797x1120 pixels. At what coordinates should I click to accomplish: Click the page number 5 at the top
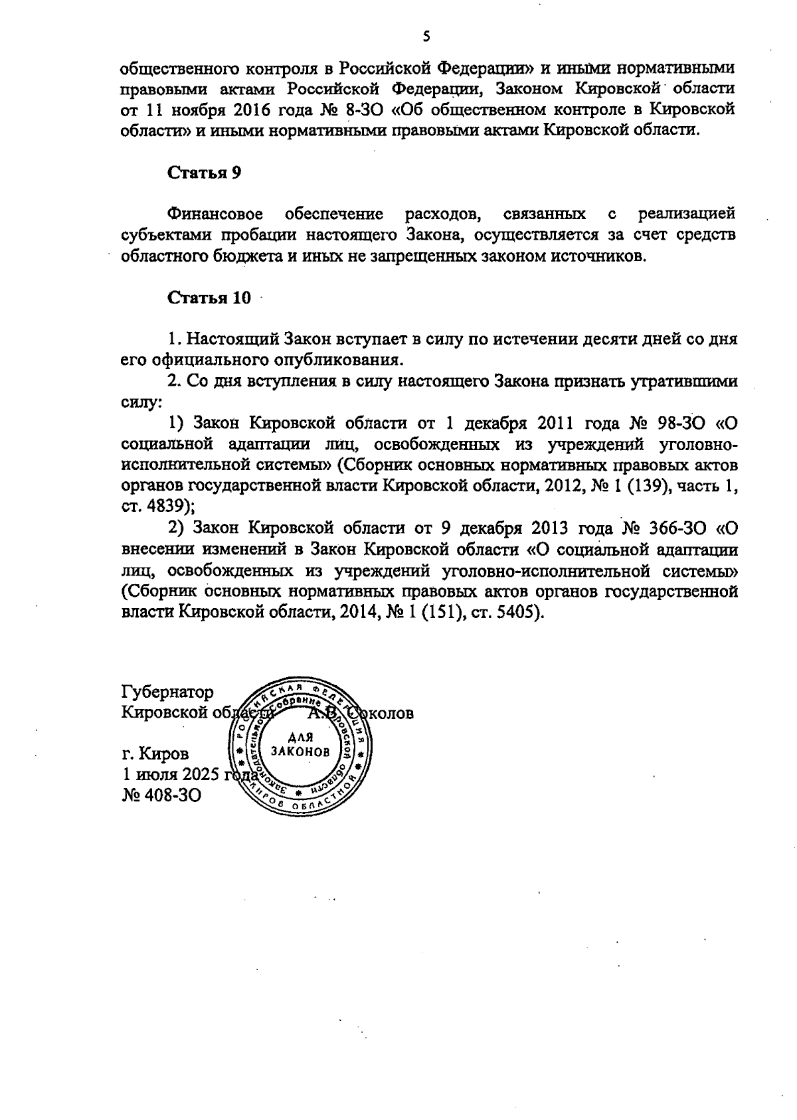426,37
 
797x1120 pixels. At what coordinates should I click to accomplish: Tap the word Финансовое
215,214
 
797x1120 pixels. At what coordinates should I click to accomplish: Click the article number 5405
517,611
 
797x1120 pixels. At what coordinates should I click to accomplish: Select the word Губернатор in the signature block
168,692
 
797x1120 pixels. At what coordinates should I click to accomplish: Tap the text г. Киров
155,754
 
